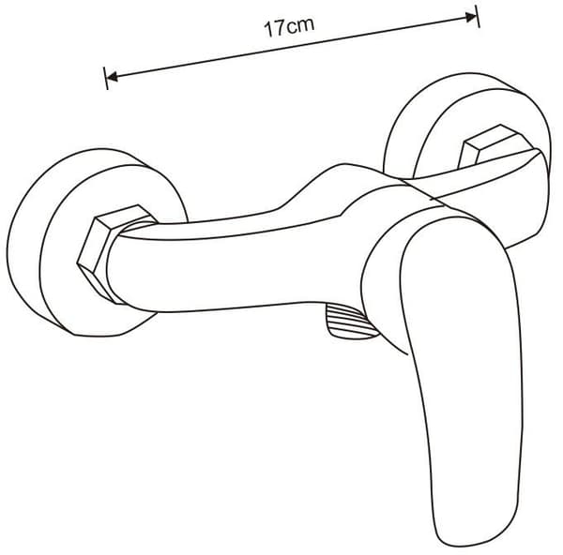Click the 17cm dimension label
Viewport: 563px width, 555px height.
(x=289, y=27)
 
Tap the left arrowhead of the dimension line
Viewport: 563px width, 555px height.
(x=113, y=77)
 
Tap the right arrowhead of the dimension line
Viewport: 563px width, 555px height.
(x=471, y=17)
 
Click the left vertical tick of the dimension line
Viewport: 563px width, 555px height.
(x=105, y=78)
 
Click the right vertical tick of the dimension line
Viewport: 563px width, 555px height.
(x=478, y=16)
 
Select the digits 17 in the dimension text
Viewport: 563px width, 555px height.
(x=275, y=29)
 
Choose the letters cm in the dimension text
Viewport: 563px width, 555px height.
(x=300, y=25)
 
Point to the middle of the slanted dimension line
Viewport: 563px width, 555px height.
(x=292, y=47)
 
